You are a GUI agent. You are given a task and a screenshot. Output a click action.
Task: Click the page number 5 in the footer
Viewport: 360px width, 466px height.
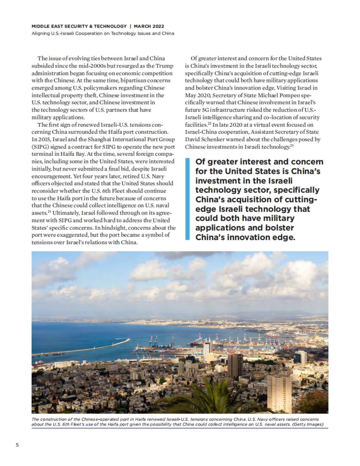coord(17,445)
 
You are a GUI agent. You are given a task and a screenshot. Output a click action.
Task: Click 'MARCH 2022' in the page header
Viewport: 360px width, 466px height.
coord(149,26)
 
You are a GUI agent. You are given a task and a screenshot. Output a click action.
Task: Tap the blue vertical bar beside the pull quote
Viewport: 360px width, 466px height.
coord(187,199)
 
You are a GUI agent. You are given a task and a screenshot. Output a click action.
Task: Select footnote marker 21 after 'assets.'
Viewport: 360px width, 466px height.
coord(48,212)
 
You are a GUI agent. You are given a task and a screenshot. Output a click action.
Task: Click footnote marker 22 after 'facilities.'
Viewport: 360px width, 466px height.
coord(209,123)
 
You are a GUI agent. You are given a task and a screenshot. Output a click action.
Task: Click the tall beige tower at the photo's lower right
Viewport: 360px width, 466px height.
coord(279,393)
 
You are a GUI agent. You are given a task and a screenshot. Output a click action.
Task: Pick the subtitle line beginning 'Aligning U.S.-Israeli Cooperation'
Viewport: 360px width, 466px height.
coord(103,33)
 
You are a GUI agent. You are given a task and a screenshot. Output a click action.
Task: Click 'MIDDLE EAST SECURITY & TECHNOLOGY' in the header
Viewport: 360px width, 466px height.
coord(79,26)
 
